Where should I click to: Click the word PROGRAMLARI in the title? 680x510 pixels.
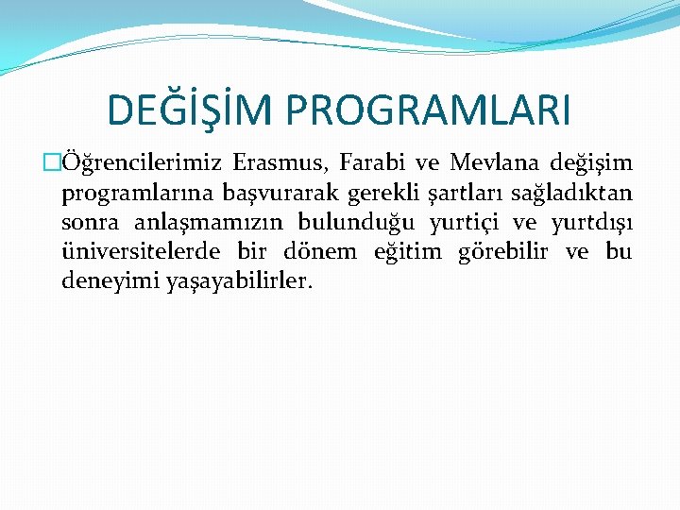point(430,110)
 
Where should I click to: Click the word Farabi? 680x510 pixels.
point(365,163)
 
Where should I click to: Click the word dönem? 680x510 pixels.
point(320,252)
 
